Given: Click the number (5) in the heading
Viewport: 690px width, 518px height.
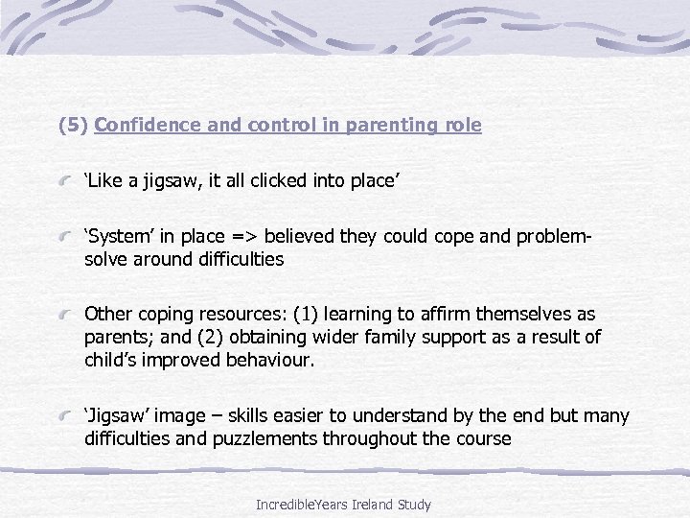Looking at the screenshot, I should [73, 126].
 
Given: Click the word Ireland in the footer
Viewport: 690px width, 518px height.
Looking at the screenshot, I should [380, 505].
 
